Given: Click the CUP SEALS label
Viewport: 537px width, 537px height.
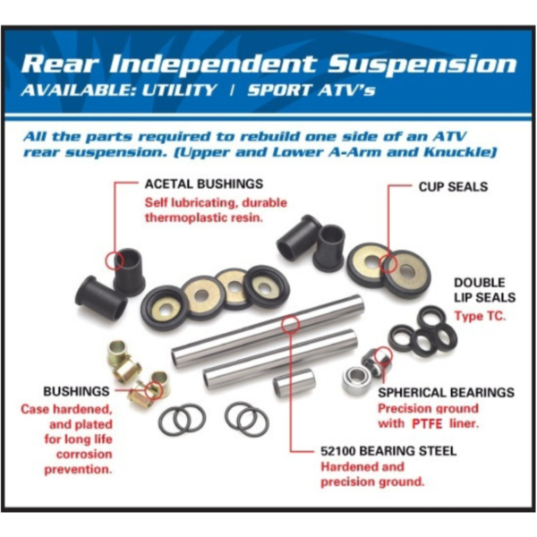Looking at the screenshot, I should tap(453, 187).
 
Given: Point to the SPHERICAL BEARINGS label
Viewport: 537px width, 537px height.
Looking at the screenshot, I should tap(446, 393).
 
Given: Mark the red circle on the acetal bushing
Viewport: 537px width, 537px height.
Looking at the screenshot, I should tap(114, 260).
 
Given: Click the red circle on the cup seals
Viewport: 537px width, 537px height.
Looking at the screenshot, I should tap(387, 264).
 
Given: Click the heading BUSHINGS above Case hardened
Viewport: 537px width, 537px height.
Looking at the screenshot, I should tap(76, 392).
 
